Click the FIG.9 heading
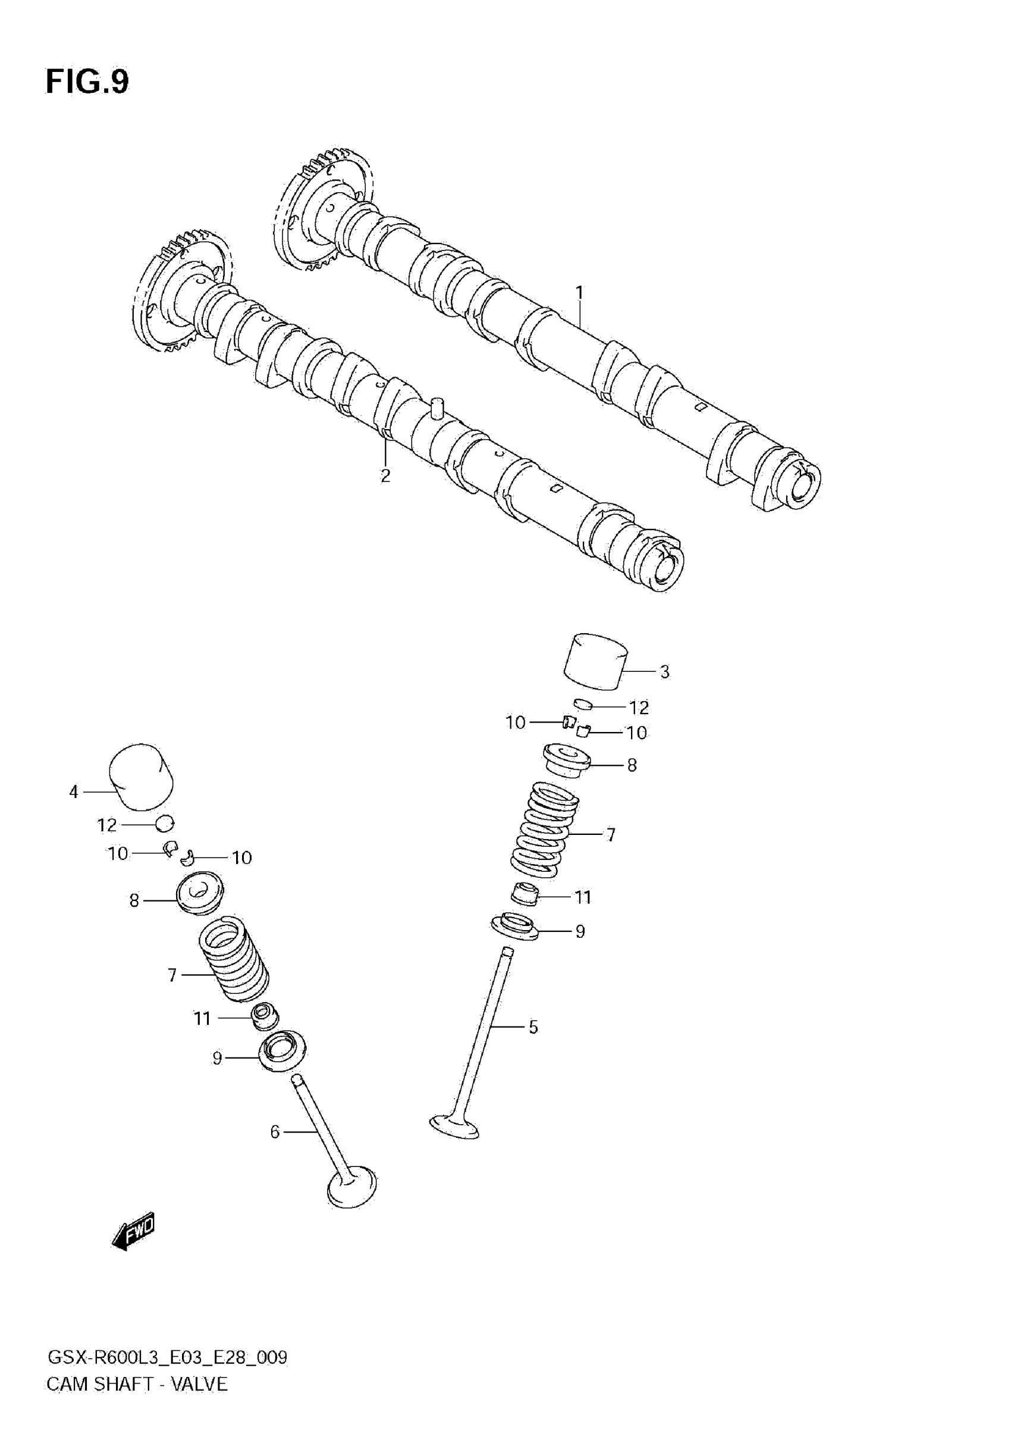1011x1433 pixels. coord(87,82)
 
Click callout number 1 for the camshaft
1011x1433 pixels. coord(579,292)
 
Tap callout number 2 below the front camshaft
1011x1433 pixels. coord(385,475)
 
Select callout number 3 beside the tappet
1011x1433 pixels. coord(665,672)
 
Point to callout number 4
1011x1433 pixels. coord(74,792)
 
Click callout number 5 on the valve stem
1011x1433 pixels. coord(533,1027)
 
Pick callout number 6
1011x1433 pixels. coord(275,1131)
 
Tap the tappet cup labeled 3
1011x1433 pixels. coord(596,662)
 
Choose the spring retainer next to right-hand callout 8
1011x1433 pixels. coord(566,759)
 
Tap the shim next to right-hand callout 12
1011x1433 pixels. coord(583,705)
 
